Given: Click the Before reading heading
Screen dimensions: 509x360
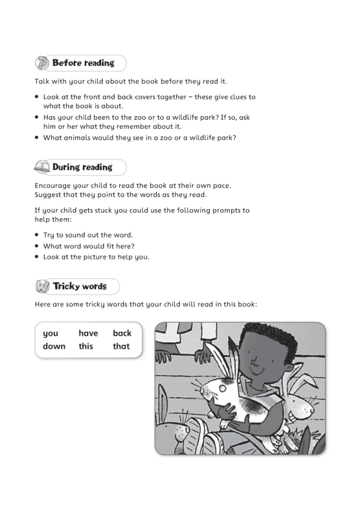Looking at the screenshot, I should coord(83,63).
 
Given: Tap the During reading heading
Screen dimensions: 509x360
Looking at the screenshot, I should coord(82,167).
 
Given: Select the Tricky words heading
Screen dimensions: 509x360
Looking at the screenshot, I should coord(79,286).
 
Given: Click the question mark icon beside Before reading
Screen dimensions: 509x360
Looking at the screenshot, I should coord(42,63).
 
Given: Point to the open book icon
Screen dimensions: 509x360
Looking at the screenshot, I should coord(42,167).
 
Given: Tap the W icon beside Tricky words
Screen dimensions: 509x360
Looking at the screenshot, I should coord(42,287).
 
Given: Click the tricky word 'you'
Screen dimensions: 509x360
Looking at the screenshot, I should coord(50,333).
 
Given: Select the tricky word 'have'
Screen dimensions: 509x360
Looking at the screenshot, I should coord(88,333).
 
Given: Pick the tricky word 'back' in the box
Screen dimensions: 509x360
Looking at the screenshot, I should coord(122,333).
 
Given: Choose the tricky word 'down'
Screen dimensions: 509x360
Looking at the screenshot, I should coord(54,346).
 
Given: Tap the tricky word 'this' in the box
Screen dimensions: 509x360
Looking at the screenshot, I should coord(86,346).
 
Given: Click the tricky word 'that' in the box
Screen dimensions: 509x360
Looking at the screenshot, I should coord(121,346).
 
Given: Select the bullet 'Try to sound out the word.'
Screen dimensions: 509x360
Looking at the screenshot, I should coord(88,235).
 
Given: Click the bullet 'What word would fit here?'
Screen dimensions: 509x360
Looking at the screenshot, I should coord(88,246).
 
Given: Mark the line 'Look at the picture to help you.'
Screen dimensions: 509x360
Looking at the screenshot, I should coord(96,257).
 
